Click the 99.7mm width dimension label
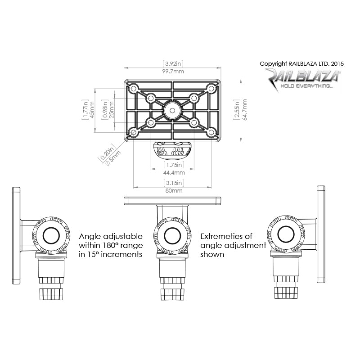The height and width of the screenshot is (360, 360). click(x=172, y=72)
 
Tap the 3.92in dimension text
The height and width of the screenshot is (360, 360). click(x=172, y=64)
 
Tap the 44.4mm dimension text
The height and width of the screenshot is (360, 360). click(x=173, y=172)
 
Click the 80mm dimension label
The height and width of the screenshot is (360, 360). click(x=173, y=191)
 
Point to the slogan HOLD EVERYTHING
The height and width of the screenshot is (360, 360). click(x=306, y=85)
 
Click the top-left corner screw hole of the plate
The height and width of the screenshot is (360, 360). click(x=134, y=88)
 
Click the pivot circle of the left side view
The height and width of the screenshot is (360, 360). click(x=50, y=235)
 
